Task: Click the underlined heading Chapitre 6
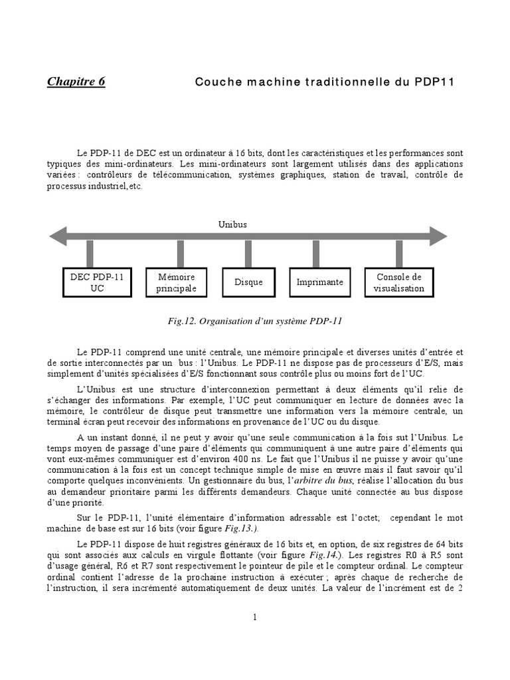76,82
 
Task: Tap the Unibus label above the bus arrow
232,224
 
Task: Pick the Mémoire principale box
177,282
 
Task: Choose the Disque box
248,282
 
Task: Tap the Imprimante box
320,282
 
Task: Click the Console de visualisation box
399,282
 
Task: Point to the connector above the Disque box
248,254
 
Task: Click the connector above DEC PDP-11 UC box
90,254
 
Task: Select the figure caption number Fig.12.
181,321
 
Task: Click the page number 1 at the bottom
254,617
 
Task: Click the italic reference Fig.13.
243,529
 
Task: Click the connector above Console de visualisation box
399,254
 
